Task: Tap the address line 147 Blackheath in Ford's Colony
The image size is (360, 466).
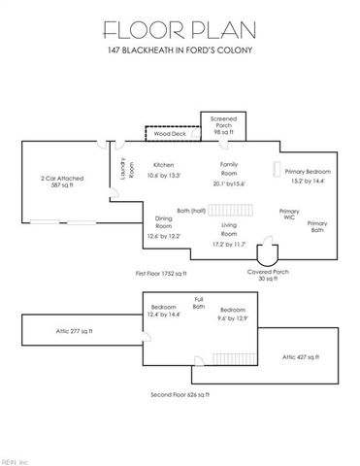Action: [x=180, y=50]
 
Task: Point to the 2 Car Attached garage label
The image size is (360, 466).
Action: [x=62, y=181]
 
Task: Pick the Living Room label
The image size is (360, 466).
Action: [x=230, y=231]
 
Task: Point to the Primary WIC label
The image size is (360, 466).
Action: [x=288, y=214]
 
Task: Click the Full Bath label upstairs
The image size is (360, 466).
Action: [x=199, y=303]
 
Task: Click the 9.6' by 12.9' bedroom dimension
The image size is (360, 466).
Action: [x=233, y=317]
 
